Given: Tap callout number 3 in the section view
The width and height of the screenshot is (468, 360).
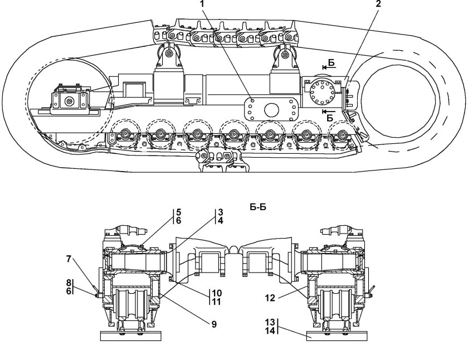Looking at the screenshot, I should pyautogui.click(x=220, y=212).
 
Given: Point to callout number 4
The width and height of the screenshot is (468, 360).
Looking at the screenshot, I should pyautogui.click(x=220, y=221).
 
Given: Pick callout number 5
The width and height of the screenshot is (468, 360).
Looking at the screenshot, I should pyautogui.click(x=179, y=212).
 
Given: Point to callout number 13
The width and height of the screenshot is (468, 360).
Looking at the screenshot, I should pyautogui.click(x=270, y=323).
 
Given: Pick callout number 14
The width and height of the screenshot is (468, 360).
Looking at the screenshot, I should pyautogui.click(x=270, y=331).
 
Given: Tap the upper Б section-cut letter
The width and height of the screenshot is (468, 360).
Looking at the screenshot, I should pyautogui.click(x=331, y=63).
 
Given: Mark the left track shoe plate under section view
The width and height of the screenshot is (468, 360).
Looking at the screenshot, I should pyautogui.click(x=130, y=335).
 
